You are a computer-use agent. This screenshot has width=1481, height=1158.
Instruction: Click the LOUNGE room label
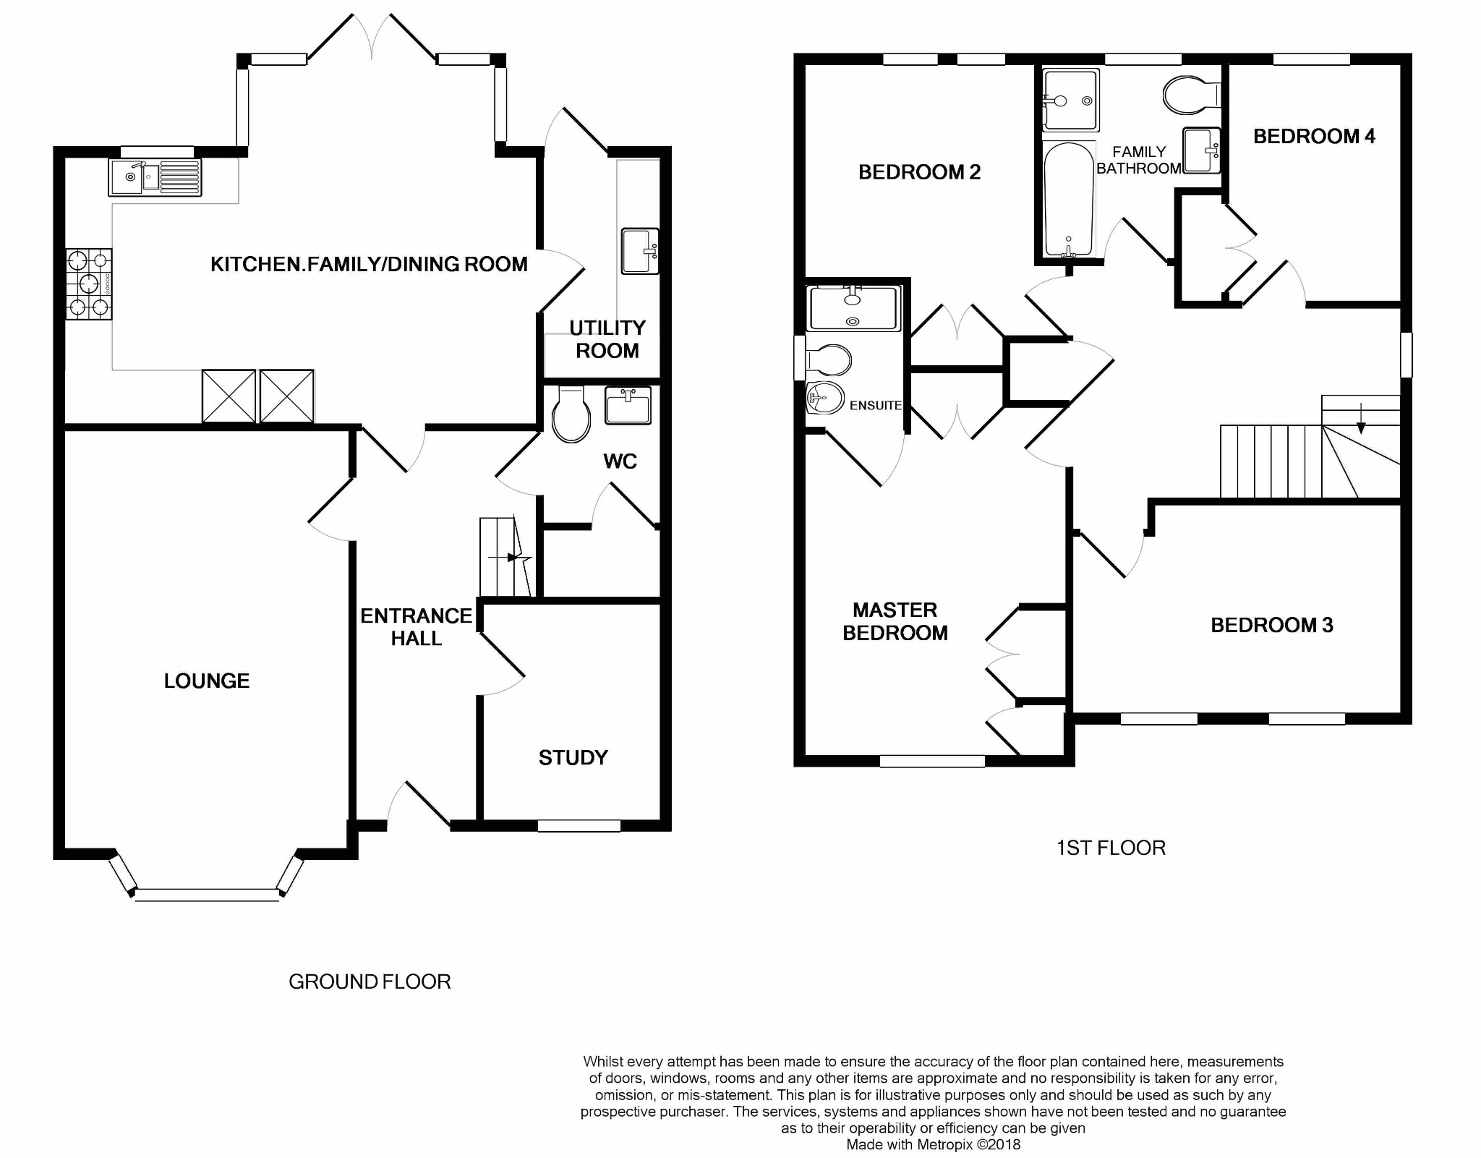tap(206, 681)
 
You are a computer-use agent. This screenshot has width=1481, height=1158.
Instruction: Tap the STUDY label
tap(573, 758)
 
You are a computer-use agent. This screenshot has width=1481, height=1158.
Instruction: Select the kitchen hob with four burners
tap(89, 284)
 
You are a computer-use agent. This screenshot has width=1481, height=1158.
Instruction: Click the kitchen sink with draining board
tap(155, 177)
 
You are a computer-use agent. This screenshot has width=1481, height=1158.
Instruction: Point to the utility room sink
tap(640, 251)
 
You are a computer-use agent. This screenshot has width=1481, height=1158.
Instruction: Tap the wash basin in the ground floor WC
tap(628, 405)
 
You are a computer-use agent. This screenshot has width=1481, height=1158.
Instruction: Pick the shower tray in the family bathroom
tap(1071, 101)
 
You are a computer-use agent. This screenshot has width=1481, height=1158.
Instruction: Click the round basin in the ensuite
tap(824, 397)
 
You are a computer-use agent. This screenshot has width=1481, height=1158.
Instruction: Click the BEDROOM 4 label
tap(1313, 136)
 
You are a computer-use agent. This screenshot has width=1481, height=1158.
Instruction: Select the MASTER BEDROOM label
tap(895, 621)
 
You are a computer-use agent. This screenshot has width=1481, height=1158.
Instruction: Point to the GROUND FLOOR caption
tap(370, 982)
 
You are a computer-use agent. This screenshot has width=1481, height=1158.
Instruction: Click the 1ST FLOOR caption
tap(1111, 848)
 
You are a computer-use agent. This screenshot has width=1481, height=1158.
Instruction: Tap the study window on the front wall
tap(579, 825)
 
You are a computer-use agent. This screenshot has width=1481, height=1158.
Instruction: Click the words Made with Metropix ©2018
tap(933, 1145)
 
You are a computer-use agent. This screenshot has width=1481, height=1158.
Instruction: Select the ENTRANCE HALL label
tap(416, 626)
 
